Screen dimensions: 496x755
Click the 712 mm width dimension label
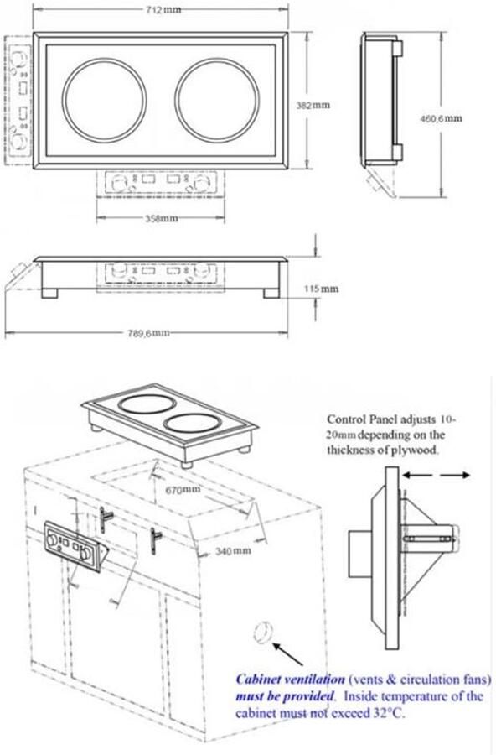coord(163,9)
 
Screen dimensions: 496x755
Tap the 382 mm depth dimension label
coord(313,105)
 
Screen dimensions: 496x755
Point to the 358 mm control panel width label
coord(161,219)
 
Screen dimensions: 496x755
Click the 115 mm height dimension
coord(321,289)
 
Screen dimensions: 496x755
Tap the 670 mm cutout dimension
coord(183,490)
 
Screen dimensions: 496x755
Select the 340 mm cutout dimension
coord(233,550)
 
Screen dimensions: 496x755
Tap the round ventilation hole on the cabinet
coord(262,632)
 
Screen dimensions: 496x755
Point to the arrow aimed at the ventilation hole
coord(287,654)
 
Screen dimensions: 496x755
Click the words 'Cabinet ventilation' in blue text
coord(290,679)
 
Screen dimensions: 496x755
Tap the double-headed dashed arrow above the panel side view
coord(436,476)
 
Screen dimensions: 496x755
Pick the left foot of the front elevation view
coord(49,294)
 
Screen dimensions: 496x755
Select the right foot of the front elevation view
coord(271,294)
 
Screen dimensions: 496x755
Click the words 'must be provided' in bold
coord(284,696)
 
